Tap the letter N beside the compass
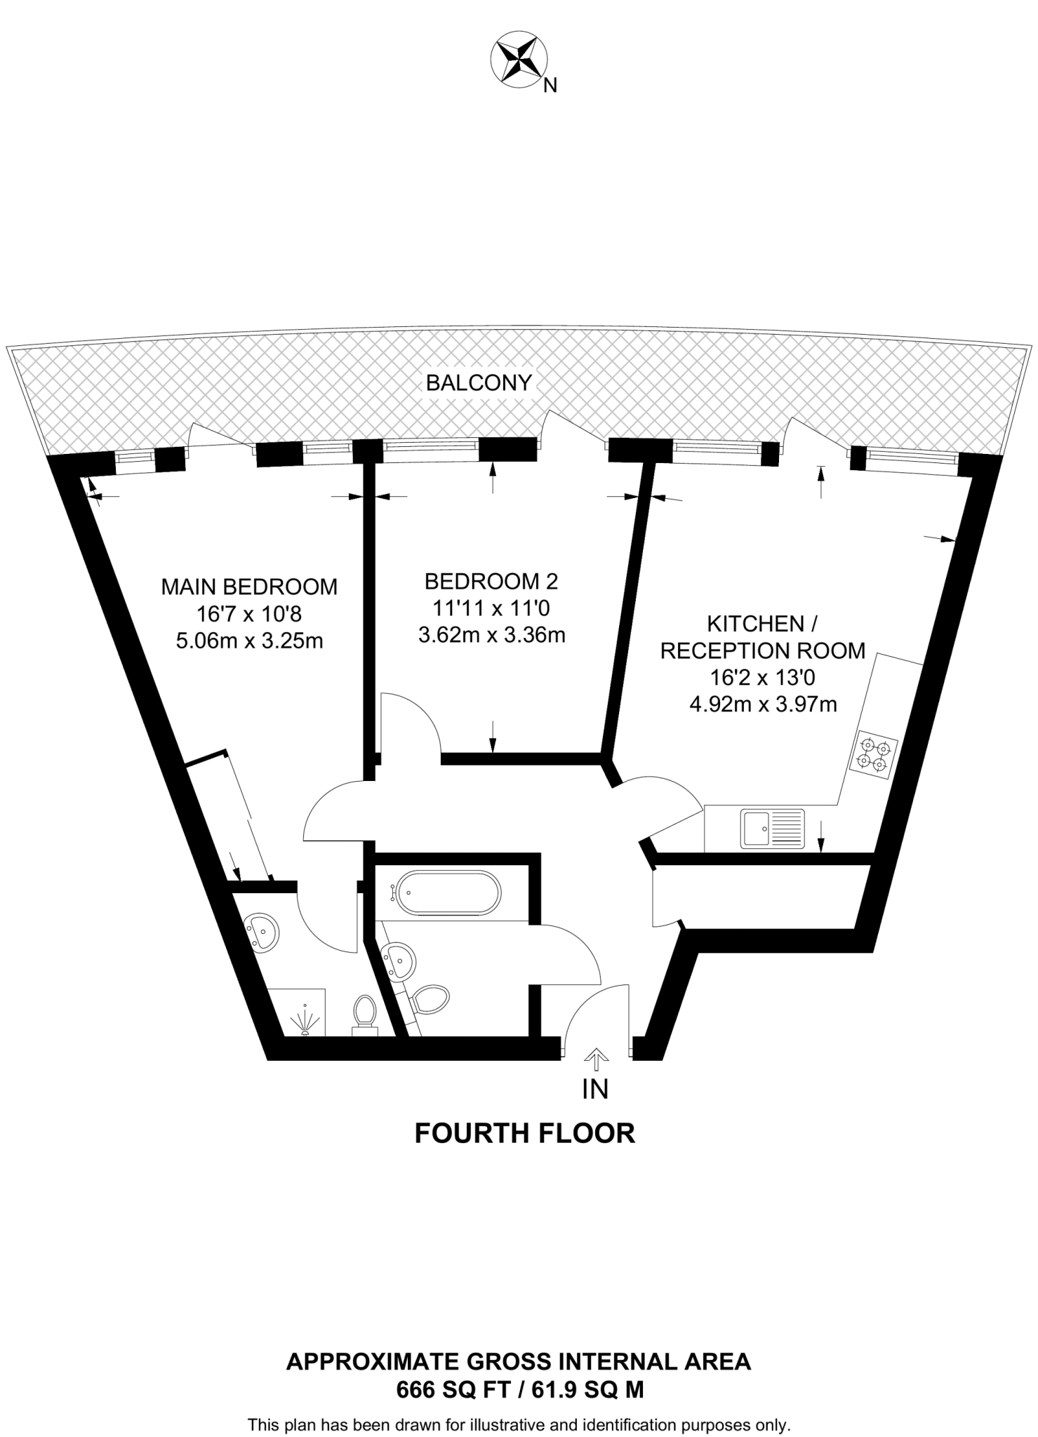pyautogui.click(x=551, y=86)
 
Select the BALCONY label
pyautogui.click(x=479, y=382)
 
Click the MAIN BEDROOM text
pyautogui.click(x=249, y=587)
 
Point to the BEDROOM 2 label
pyautogui.click(x=491, y=581)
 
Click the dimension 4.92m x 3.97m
pyautogui.click(x=763, y=704)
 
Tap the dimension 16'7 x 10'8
pyautogui.click(x=249, y=614)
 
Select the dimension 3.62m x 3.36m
pyautogui.click(x=491, y=636)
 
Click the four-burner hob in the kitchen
pyautogui.click(x=873, y=753)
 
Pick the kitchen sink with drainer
pyautogui.click(x=773, y=829)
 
